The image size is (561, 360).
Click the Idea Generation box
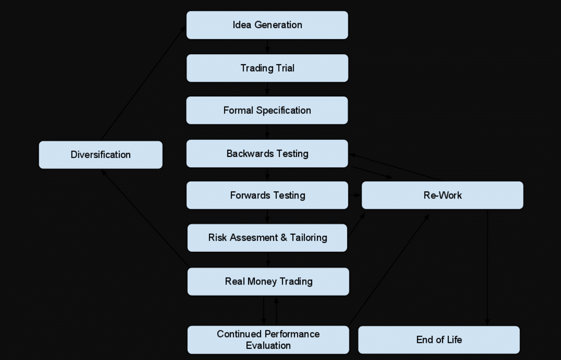(x=267, y=25)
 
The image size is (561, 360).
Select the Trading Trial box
(x=267, y=68)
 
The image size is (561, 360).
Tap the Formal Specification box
(x=267, y=111)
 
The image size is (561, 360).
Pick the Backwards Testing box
(x=267, y=154)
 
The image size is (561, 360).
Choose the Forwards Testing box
(x=267, y=195)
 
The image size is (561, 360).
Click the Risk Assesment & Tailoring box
(x=267, y=238)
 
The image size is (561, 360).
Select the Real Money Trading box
(x=268, y=282)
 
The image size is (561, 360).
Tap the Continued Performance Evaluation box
(x=268, y=340)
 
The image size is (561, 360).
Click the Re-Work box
(x=442, y=195)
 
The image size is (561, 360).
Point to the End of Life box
(x=439, y=340)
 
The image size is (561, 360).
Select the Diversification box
(x=101, y=155)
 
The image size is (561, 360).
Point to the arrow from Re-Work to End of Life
(x=487, y=267)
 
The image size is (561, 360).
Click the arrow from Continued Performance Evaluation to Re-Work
(x=389, y=269)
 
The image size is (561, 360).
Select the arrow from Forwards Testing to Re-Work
(x=355, y=195)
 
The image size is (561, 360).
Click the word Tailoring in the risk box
(x=309, y=238)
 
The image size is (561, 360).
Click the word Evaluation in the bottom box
(x=268, y=346)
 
